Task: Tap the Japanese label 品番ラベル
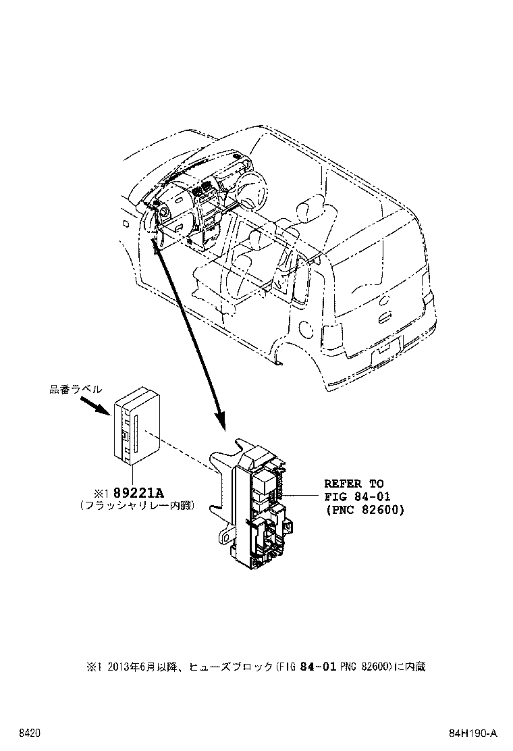coord(75,389)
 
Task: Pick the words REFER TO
coord(354,484)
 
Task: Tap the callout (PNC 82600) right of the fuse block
coord(364,511)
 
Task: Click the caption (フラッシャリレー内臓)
coord(136,504)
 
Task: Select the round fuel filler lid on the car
coord(305,329)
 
